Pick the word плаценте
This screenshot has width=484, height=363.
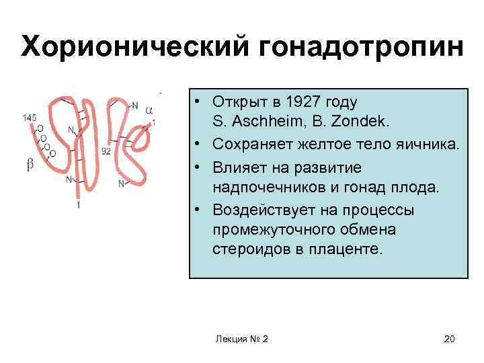[350, 250]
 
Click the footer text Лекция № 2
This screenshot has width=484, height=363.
[241, 339]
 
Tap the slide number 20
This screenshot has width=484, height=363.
[449, 339]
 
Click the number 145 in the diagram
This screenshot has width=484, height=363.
[29, 118]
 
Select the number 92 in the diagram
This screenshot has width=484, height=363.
[106, 151]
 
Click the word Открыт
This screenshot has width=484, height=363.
[235, 102]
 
